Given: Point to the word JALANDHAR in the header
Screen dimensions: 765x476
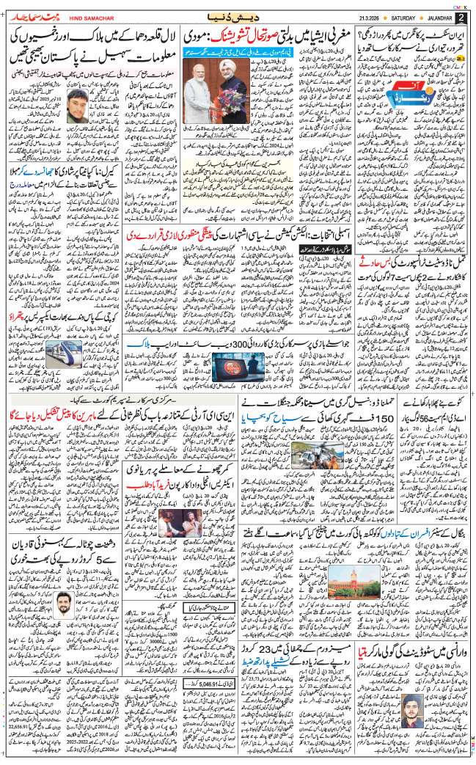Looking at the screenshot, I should (x=441, y=16).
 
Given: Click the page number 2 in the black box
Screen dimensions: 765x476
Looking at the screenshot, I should (x=462, y=16).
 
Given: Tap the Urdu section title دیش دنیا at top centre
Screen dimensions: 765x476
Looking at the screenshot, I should (x=238, y=15).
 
